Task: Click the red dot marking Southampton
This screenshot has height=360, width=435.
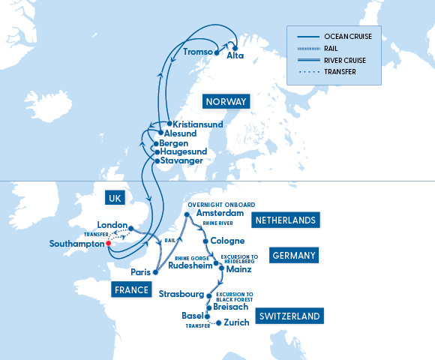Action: tap(108, 244)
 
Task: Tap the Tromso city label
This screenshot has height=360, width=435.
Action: tap(197, 52)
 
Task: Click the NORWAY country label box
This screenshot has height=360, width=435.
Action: tap(226, 101)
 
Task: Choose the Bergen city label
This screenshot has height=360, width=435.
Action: tap(175, 142)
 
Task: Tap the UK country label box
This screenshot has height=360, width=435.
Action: tap(114, 198)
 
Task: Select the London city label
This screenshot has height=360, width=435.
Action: tap(112, 225)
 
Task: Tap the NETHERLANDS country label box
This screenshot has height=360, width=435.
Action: tap(287, 220)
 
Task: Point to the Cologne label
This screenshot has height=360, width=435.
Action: tap(228, 241)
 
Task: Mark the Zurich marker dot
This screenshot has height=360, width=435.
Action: tap(218, 323)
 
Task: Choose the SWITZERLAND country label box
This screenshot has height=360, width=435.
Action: tap(288, 316)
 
